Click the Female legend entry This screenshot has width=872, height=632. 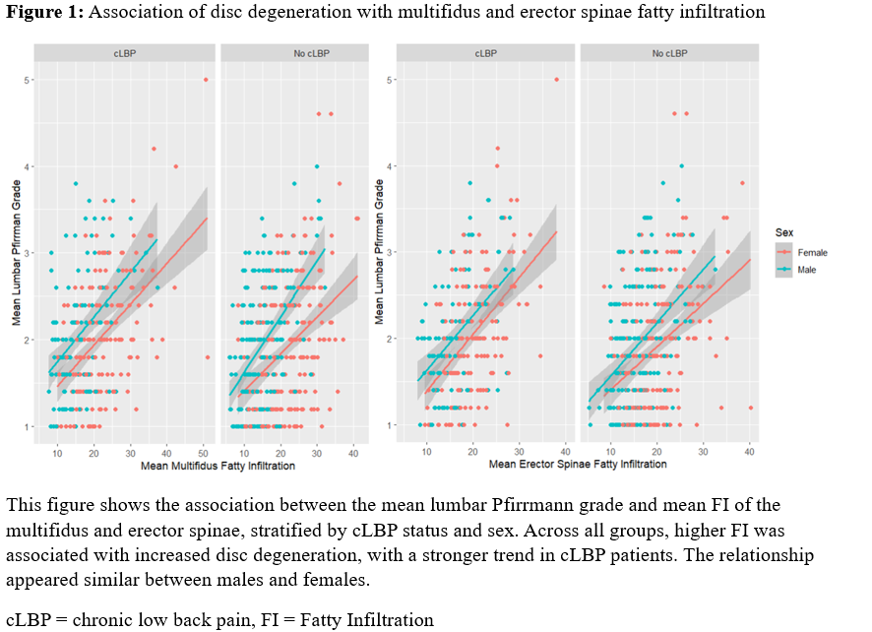[x=811, y=252]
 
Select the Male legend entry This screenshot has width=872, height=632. [x=806, y=269]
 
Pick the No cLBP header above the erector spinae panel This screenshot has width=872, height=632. [x=668, y=52]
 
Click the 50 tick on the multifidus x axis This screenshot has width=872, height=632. [x=202, y=451]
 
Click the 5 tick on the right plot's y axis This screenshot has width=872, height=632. [x=391, y=80]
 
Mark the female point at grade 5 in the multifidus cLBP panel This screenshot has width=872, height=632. [x=206, y=80]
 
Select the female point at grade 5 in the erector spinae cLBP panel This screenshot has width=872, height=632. [x=556, y=80]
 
